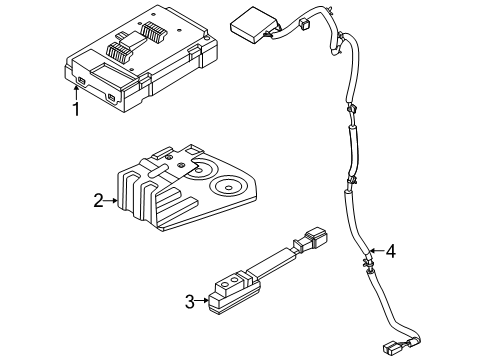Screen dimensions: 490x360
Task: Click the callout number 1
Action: pos(76,109)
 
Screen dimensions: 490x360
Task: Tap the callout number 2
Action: pos(98,201)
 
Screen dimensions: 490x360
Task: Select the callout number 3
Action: pos(190,302)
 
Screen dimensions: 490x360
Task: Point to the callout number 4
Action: pos(390,251)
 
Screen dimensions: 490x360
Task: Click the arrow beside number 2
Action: pos(111,201)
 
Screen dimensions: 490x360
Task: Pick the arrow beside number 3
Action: pos(202,300)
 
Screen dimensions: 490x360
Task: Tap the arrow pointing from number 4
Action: pos(377,250)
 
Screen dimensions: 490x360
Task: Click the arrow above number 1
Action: pos(76,93)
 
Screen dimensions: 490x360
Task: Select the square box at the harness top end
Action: pos(255,25)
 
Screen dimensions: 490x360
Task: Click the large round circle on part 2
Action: pos(228,187)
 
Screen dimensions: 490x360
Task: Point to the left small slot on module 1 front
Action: pos(80,80)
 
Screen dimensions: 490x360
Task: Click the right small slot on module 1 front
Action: pos(111,98)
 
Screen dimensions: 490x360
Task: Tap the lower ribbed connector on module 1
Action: pos(119,52)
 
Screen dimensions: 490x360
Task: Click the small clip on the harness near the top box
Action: pos(304,23)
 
